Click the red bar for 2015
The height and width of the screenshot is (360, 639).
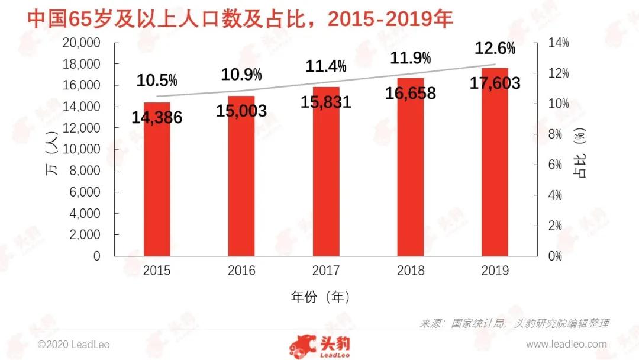(x=157, y=189)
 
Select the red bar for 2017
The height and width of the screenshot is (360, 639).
(x=326, y=184)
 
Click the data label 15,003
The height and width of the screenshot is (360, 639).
(x=241, y=111)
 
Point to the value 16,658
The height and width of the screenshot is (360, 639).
(x=411, y=93)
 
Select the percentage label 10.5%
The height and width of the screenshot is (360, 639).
(x=157, y=81)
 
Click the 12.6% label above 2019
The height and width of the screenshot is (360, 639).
(x=495, y=49)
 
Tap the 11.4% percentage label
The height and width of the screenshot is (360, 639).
(x=326, y=66)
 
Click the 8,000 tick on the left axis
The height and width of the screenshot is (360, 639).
(x=84, y=171)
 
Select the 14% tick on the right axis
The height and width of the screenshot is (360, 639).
(x=557, y=43)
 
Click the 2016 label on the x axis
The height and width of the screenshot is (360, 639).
(x=241, y=271)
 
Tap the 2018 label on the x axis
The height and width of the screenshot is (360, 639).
(x=411, y=271)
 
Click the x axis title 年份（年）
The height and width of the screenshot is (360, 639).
(x=320, y=296)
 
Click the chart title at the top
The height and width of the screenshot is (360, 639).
(x=240, y=20)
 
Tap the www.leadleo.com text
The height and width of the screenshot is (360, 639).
(x=566, y=344)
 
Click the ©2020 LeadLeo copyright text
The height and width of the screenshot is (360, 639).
(x=73, y=344)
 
